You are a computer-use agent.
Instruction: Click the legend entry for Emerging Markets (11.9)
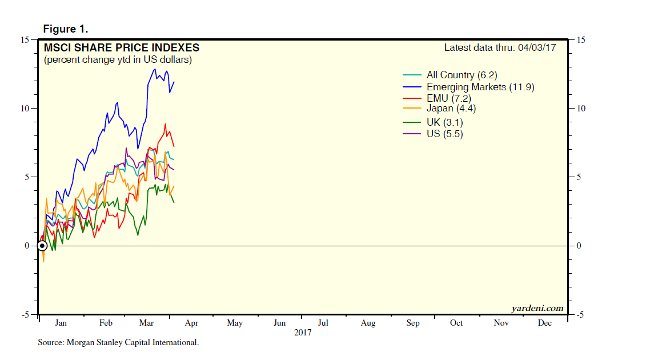pyautogui.click(x=480, y=87)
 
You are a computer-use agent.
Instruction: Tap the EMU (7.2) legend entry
pyautogui.click(x=449, y=98)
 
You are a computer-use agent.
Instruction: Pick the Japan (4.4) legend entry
pyautogui.click(x=451, y=109)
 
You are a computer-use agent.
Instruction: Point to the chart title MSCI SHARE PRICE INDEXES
pyautogui.click(x=122, y=48)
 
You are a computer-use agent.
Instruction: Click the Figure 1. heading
pyautogui.click(x=66, y=29)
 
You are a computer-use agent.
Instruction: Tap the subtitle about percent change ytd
pyautogui.click(x=118, y=59)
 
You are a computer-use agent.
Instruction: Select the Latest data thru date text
pyautogui.click(x=500, y=47)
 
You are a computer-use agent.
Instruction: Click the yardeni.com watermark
pyautogui.click(x=536, y=308)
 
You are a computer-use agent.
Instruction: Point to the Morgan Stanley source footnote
pyautogui.click(x=118, y=343)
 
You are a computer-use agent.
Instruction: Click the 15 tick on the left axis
pyautogui.click(x=26, y=39)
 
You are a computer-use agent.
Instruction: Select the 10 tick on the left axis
pyautogui.click(x=26, y=109)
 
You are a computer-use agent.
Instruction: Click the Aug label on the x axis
pyautogui.click(x=368, y=323)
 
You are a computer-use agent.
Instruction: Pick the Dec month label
pyautogui.click(x=544, y=323)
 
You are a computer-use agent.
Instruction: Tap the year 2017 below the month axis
pyautogui.click(x=303, y=332)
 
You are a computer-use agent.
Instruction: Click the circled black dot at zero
pyautogui.click(x=42, y=246)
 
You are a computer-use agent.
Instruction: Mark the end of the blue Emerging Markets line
pyautogui.click(x=174, y=82)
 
